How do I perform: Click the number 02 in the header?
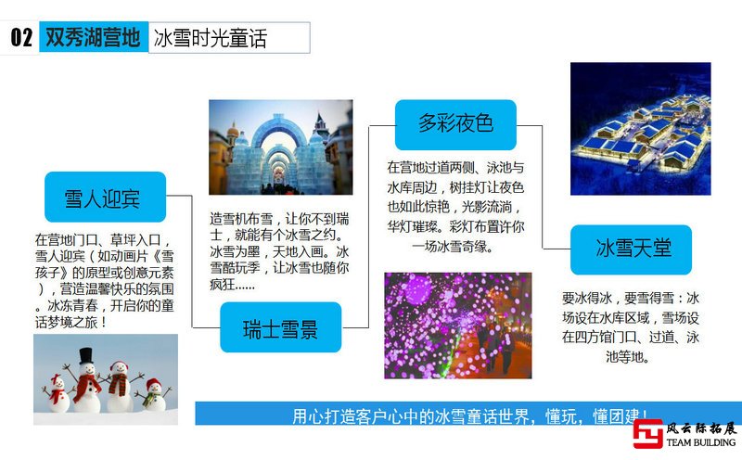21,37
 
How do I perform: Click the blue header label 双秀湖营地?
94,37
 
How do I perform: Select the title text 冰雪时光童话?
211,38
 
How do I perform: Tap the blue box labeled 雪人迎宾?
105,197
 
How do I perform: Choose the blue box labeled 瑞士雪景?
281,327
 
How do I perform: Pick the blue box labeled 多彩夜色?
455,124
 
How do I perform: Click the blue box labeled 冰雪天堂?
632,249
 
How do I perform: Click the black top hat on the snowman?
85,355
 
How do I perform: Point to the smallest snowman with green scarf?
154,394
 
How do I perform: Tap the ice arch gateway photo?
281,147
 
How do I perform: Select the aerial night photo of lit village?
640,129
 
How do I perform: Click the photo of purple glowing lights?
458,326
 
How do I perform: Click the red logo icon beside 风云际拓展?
647,434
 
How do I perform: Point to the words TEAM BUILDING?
701,442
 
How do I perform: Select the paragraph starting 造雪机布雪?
279,251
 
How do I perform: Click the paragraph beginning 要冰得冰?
631,327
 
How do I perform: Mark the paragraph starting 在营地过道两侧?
455,207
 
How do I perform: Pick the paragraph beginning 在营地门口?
105,281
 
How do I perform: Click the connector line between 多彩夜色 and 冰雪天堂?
543,187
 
